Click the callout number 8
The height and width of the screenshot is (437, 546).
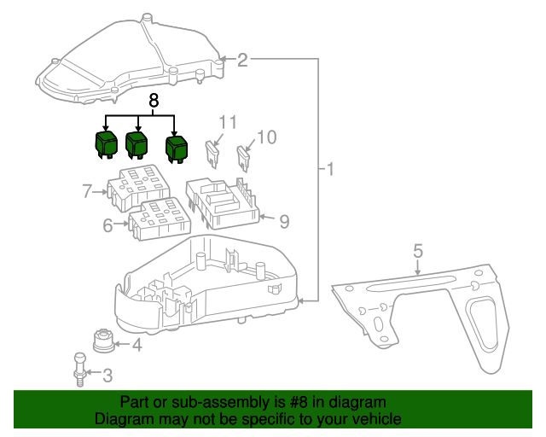(x=154, y=101)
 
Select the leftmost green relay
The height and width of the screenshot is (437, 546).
(x=106, y=143)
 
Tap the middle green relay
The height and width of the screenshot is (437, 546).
(x=136, y=144)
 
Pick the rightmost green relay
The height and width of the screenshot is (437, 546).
(x=177, y=147)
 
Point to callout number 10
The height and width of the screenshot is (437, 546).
(x=267, y=137)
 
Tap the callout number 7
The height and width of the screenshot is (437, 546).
(x=87, y=191)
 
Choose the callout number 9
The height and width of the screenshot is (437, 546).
(x=284, y=221)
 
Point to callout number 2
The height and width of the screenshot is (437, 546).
(x=242, y=60)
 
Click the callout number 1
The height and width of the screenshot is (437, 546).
(x=329, y=169)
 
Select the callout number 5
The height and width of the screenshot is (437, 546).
(x=418, y=251)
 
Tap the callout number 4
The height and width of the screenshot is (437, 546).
(x=136, y=345)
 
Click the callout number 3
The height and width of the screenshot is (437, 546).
(x=107, y=374)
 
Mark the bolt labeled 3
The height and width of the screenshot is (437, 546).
(x=79, y=370)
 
